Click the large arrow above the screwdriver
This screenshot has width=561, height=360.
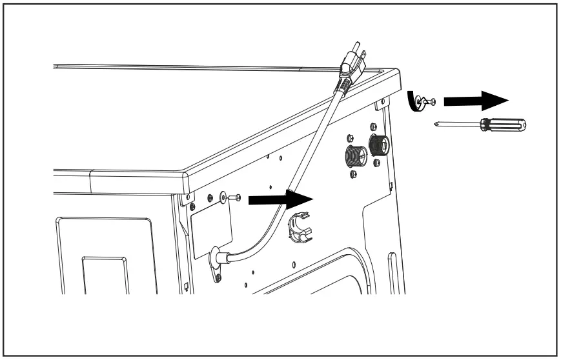(476, 101)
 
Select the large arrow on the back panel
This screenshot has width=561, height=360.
(278, 200)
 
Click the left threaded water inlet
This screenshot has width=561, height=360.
(353, 156)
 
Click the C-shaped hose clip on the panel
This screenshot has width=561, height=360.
(296, 227)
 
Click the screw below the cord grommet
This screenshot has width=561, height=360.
(218, 277)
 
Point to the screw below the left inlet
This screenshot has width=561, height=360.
(352, 175)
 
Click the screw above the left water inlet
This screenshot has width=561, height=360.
(349, 138)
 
